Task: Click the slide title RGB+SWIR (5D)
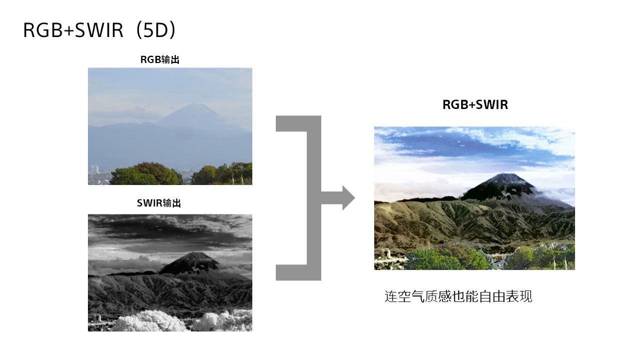tap(99, 30)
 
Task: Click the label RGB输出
tap(160, 59)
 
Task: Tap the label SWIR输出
tap(159, 203)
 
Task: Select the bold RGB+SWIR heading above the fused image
tap(475, 104)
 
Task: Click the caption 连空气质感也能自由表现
tap(458, 296)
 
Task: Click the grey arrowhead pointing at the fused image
tap(348, 197)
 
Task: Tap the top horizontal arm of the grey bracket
tap(298, 123)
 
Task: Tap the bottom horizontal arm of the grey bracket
tap(298, 272)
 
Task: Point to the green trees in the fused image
tap(446, 259)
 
